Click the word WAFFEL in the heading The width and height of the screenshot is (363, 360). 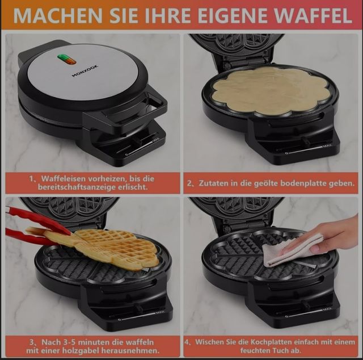pyautogui.click(x=315, y=15)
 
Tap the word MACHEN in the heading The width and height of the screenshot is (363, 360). pyautogui.click(x=50, y=15)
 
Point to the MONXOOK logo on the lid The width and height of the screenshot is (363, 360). pyautogui.click(x=84, y=72)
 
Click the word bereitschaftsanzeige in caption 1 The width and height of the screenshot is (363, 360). pyautogui.click(x=78, y=187)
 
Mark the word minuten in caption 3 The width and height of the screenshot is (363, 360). pyautogui.click(x=92, y=342)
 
